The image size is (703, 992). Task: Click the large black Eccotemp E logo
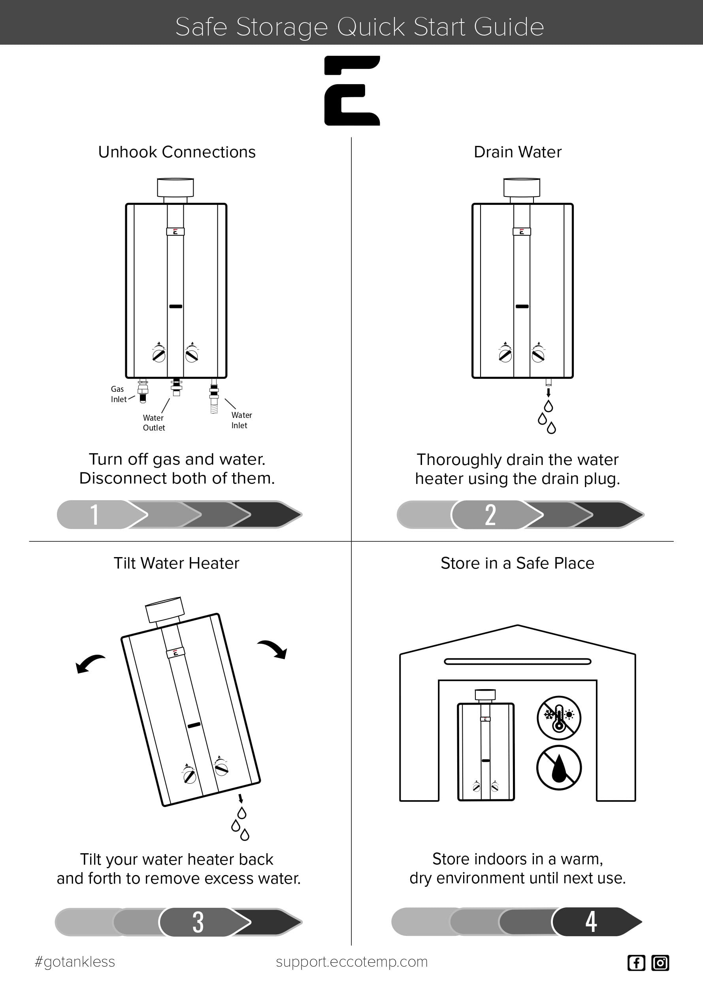[x=352, y=91]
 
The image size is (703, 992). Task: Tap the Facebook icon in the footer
[x=636, y=963]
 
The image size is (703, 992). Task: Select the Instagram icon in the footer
[x=660, y=963]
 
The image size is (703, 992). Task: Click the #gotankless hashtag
[x=74, y=962]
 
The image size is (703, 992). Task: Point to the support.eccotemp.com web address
[x=352, y=962]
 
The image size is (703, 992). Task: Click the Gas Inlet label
[x=118, y=394]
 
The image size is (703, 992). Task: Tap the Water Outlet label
[x=154, y=423]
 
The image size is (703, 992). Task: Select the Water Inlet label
[x=241, y=420]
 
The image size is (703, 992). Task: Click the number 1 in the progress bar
[x=94, y=514]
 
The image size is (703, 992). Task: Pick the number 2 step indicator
[x=490, y=514]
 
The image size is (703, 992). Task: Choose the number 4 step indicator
[x=591, y=921]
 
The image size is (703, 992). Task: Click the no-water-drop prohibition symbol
[x=559, y=768]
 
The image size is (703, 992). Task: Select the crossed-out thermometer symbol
[x=559, y=718]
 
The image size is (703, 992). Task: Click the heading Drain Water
[x=517, y=152]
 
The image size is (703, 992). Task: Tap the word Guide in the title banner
[x=508, y=27]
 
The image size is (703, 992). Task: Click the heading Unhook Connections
[x=177, y=152]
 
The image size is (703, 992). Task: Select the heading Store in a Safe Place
[x=517, y=563]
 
